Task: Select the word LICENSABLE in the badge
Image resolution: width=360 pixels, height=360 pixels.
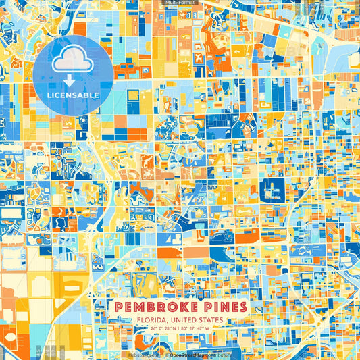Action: (x=73, y=95)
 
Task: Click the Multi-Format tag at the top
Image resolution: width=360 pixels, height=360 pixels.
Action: (x=180, y=3)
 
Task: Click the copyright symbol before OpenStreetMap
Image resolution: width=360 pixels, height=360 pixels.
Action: (x=167, y=354)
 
